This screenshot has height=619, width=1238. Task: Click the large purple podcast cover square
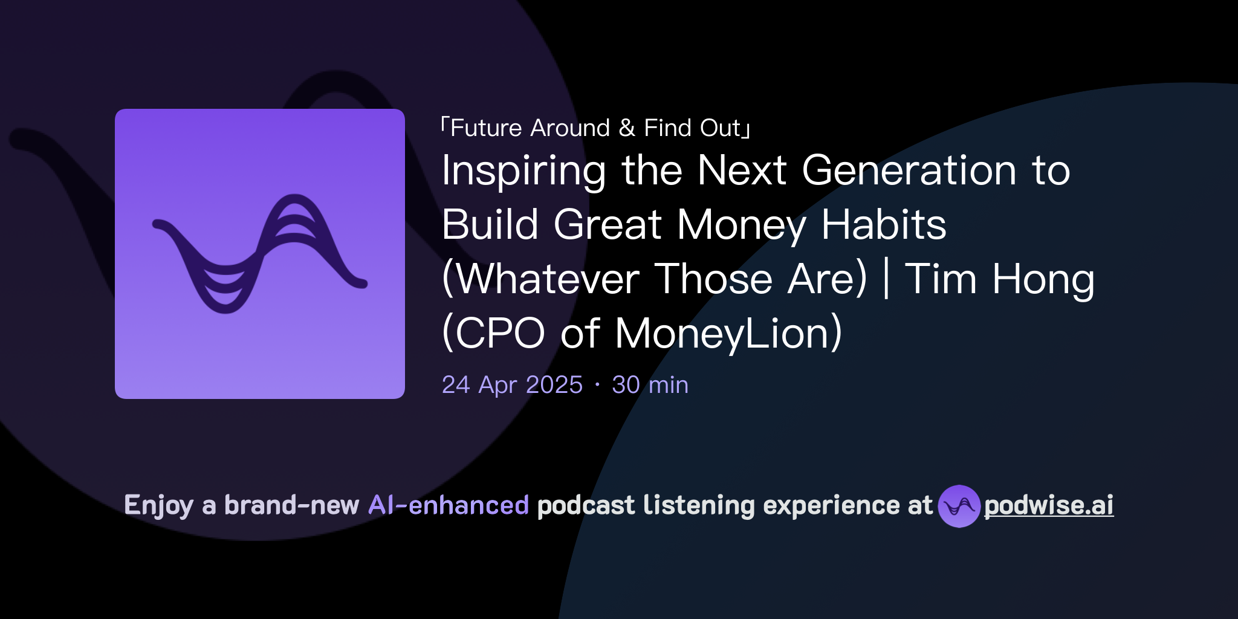pos(260,254)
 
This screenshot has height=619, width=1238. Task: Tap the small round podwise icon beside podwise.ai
pos(959,506)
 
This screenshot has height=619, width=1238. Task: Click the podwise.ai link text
pos(1049,505)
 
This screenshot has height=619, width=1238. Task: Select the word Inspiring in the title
pos(523,171)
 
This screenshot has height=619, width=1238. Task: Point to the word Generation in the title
pos(909,170)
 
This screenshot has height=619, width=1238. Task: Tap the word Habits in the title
pos(884,225)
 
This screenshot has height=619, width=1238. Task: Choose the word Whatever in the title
pos(547,279)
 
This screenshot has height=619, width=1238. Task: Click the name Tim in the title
pos(941,279)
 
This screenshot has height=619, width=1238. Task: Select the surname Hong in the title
pos(1043,279)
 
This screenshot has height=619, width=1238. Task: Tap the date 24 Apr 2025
pos(512,385)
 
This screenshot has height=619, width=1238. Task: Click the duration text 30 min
pos(650,385)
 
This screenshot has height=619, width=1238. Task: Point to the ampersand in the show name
pos(627,128)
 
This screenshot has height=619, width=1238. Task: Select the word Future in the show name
pos(487,128)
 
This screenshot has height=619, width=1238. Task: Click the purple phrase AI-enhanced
pos(449,505)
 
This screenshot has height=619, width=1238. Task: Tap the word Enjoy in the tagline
pos(159,505)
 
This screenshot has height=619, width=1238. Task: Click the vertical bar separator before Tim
pos(886,279)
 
